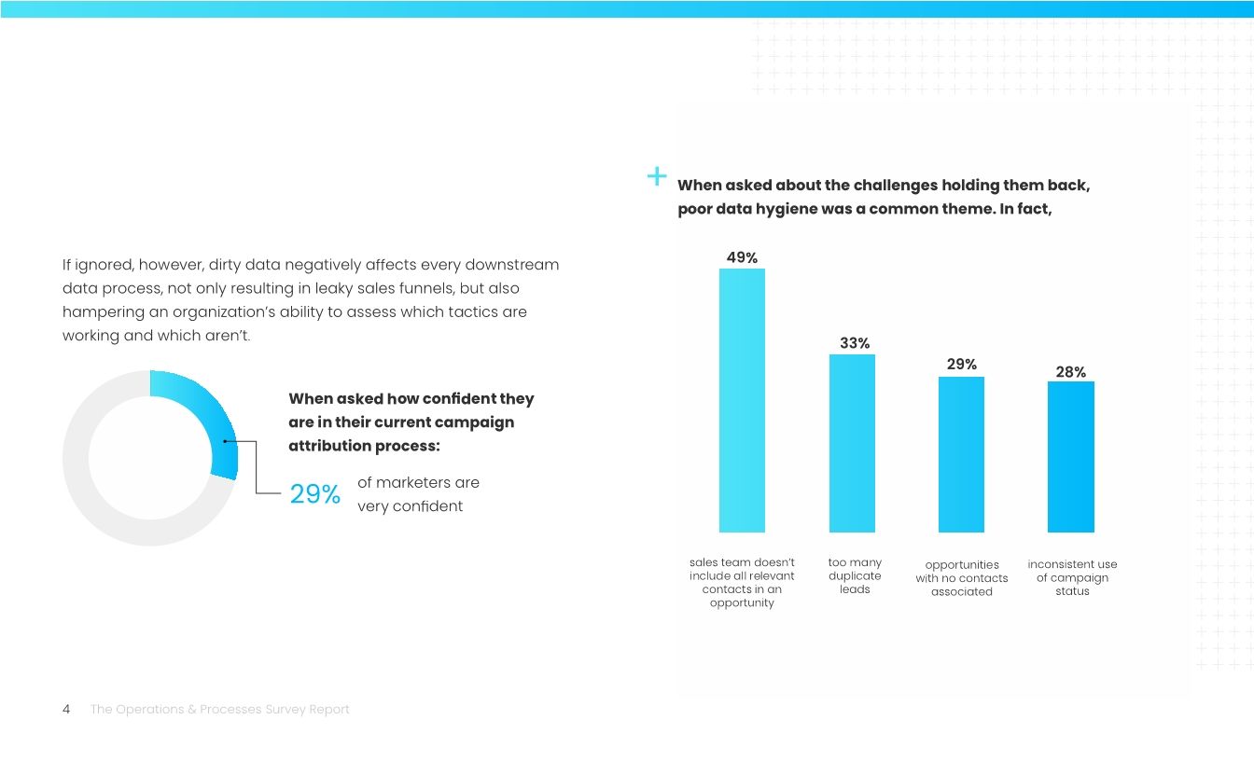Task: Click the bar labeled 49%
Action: tap(742, 400)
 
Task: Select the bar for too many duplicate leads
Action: tap(852, 443)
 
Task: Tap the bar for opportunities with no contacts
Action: tap(961, 454)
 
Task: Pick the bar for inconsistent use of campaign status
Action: tap(1071, 456)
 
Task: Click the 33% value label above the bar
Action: tap(855, 343)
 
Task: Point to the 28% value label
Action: tap(1070, 372)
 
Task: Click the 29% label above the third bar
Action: tap(962, 364)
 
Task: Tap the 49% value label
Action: tap(742, 257)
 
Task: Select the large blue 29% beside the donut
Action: tap(315, 494)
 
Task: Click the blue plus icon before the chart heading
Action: tap(657, 175)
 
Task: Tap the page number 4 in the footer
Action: tap(66, 710)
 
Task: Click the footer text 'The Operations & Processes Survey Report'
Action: tap(219, 710)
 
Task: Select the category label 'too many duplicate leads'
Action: tap(855, 575)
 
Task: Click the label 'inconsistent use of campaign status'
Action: tap(1072, 577)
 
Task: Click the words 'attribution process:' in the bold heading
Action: tap(364, 446)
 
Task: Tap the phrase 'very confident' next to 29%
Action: tap(410, 506)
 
